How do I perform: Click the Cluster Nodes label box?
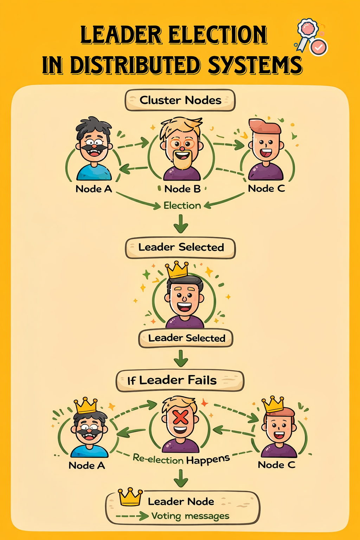(180, 100)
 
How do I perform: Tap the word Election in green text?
(182, 206)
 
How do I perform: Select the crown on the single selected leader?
(177, 270)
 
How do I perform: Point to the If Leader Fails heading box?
(180, 380)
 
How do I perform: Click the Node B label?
(182, 189)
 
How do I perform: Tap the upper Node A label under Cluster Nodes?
(94, 189)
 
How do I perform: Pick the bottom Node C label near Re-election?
(276, 465)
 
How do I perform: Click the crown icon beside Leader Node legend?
(130, 497)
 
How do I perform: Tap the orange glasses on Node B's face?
(182, 143)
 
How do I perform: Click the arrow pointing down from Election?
(181, 224)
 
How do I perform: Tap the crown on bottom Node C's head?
(273, 404)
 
